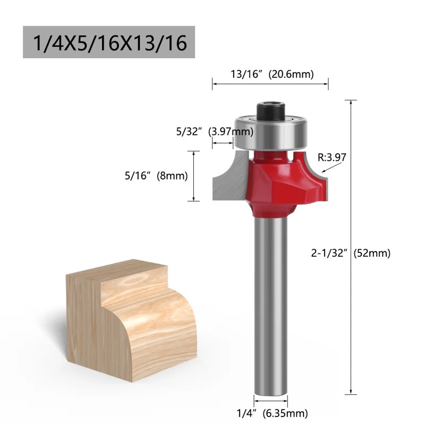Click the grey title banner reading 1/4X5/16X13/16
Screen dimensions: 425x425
tap(109, 42)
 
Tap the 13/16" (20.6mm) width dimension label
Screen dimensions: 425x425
tap(271, 74)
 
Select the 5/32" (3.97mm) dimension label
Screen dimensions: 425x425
tap(207, 131)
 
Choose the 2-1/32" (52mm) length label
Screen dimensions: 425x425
tap(359, 253)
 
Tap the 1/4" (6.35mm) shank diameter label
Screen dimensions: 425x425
tap(273, 412)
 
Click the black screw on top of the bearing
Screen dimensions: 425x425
tap(271, 109)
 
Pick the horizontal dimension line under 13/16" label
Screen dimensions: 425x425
tap(270, 83)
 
